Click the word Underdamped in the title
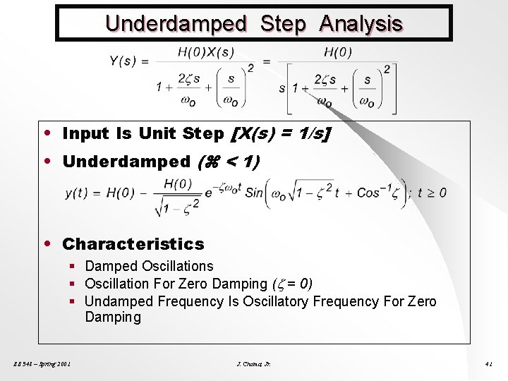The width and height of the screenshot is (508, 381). click(176, 24)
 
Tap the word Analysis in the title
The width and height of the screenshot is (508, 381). click(361, 24)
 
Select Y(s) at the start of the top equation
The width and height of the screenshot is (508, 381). click(123, 61)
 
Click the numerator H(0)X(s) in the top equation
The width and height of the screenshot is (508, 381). click(206, 52)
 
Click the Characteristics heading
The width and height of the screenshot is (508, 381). click(133, 244)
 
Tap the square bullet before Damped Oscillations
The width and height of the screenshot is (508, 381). click(73, 267)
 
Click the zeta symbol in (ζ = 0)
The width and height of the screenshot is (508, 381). click(280, 284)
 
